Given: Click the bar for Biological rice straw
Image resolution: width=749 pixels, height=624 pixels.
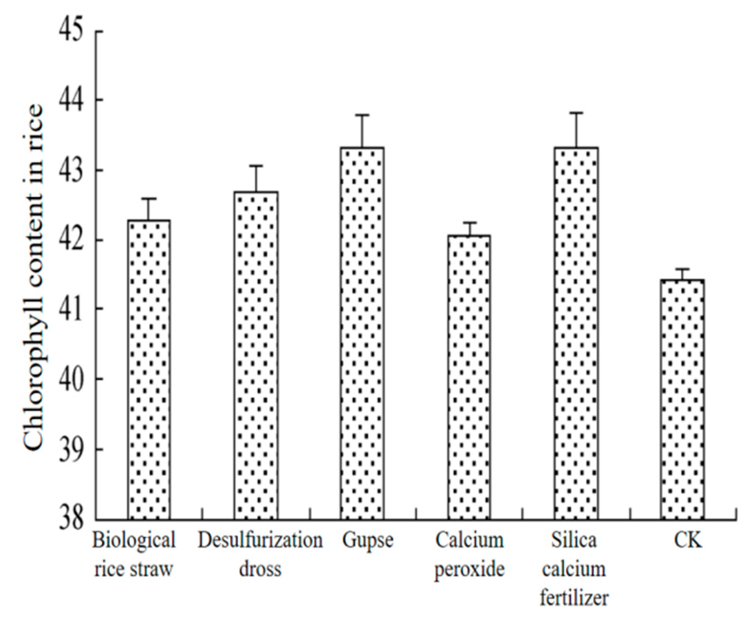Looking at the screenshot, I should (149, 370).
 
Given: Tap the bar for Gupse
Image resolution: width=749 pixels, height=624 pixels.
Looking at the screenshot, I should (362, 333).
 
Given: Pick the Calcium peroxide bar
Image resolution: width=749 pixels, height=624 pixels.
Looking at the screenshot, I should (469, 377).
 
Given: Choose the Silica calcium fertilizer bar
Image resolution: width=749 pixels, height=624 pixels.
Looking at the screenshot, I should (576, 333).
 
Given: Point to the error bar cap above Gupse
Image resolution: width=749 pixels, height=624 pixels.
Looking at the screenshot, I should (362, 115).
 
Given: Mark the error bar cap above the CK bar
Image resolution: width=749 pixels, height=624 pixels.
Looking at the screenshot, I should (682, 269).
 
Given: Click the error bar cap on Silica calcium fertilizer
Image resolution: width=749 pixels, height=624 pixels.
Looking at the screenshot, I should (576, 112).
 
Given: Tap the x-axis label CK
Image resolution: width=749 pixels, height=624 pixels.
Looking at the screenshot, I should (687, 540).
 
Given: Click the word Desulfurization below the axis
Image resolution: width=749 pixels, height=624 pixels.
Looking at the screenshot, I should (260, 540).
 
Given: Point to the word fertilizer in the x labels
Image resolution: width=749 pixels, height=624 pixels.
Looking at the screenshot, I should (574, 598).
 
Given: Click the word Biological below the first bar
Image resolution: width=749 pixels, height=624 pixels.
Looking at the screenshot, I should (134, 540).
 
